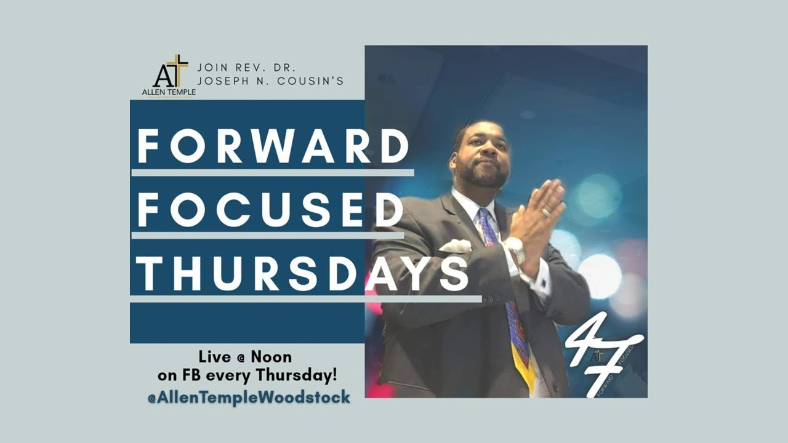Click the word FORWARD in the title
coord(273,146)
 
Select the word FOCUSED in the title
coord(270,210)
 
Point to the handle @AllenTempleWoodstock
coord(248,397)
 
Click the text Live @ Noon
coord(245,357)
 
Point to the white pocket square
coord(456,246)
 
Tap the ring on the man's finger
coord(545,212)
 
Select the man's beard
coord(484,174)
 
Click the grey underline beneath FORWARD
coord(272,173)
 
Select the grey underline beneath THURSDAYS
coord(305,299)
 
